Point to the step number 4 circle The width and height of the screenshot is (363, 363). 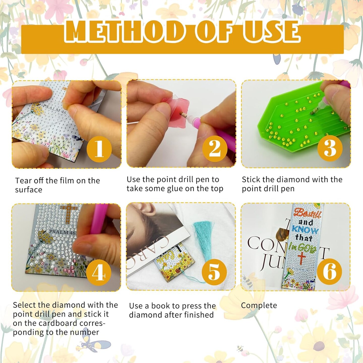point(99,273)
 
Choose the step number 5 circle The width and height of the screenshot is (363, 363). point(214,272)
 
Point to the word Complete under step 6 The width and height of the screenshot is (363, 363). point(259,306)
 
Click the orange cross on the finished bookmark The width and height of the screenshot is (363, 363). point(301,258)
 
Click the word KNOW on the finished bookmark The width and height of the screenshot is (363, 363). point(305,230)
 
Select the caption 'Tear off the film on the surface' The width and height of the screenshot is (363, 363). point(57,185)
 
